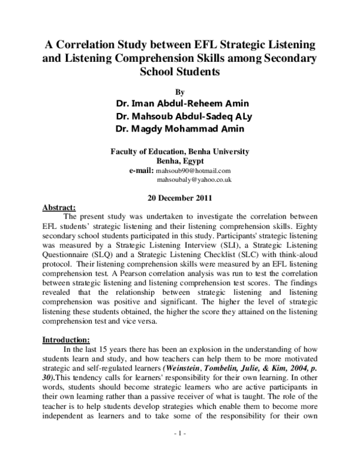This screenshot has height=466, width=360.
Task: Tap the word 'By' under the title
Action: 179,92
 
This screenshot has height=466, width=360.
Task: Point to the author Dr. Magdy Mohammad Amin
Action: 179,129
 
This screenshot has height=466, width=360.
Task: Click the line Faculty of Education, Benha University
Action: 179,152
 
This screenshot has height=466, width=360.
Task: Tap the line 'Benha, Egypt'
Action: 179,161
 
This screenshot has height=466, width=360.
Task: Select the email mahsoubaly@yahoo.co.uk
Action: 194,180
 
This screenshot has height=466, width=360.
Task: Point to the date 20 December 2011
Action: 179,197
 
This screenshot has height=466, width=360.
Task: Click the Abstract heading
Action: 58,206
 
